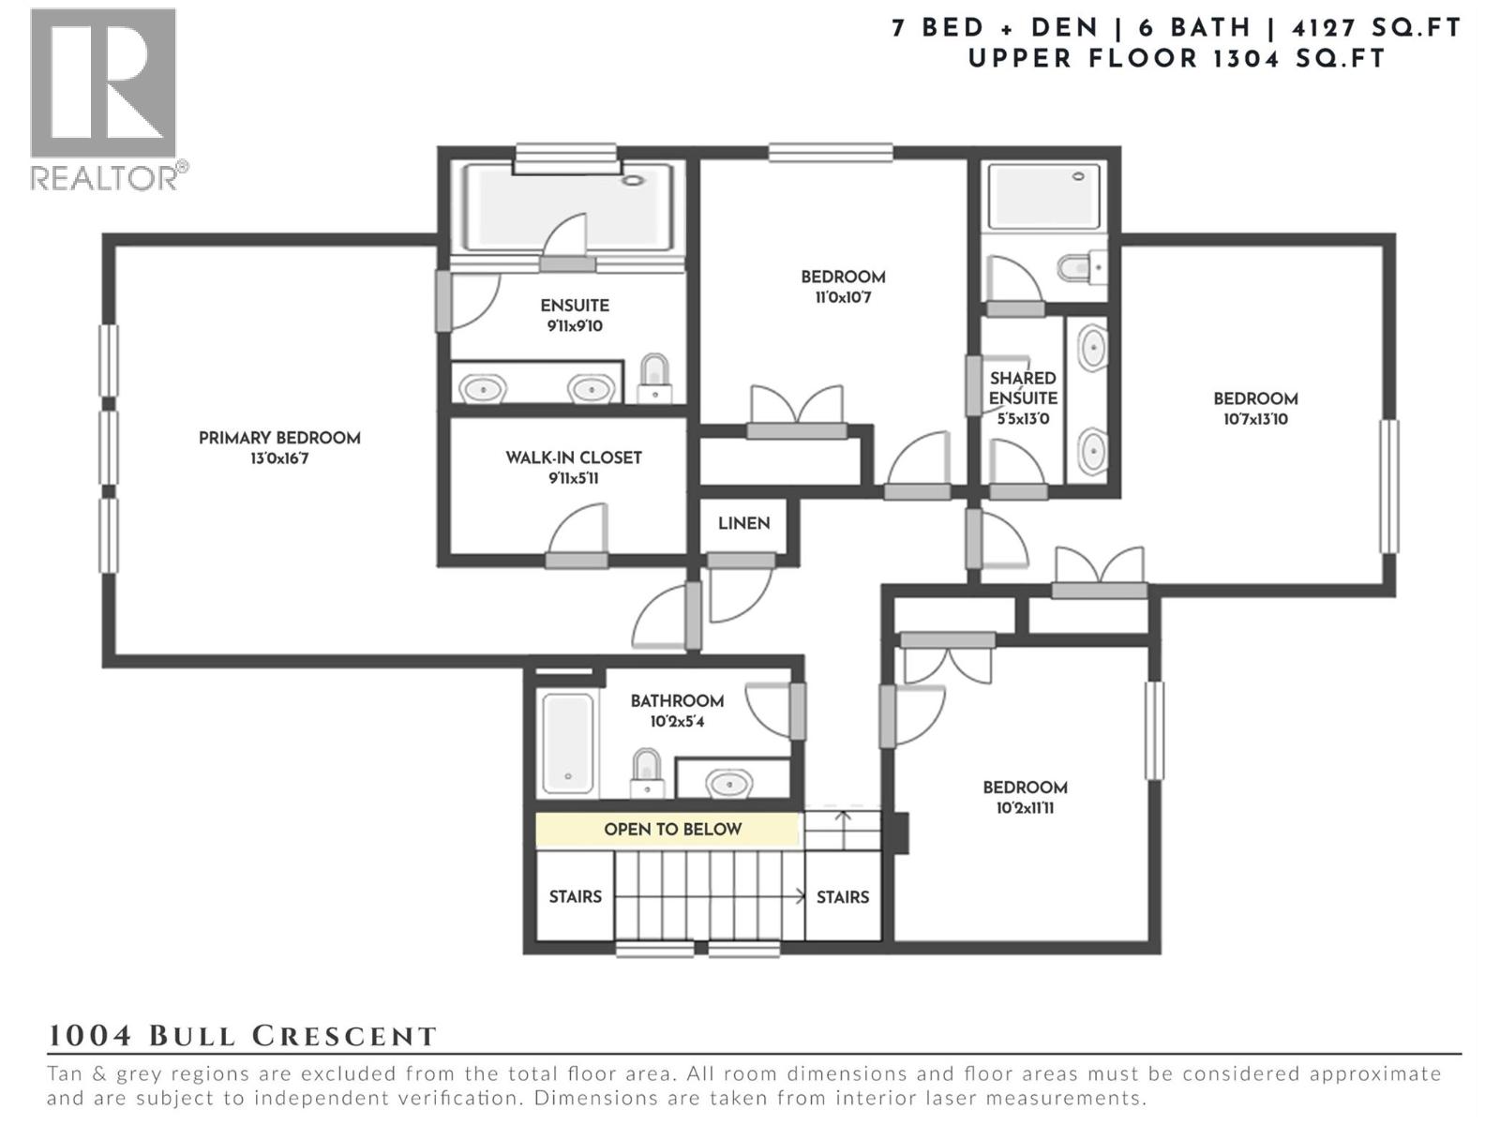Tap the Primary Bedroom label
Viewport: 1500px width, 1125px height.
(x=279, y=438)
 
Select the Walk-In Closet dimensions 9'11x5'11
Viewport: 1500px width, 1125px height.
(x=573, y=478)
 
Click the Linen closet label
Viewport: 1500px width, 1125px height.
(x=744, y=523)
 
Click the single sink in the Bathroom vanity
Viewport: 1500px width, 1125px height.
(x=728, y=782)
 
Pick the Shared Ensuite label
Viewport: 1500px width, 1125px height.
(x=1023, y=388)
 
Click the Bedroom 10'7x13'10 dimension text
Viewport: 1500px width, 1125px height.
(x=1255, y=419)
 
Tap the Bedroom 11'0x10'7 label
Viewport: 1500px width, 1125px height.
(x=843, y=277)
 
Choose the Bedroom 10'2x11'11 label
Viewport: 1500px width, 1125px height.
(x=1025, y=787)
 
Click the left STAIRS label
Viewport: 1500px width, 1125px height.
(x=575, y=897)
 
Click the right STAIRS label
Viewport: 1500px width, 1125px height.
(x=842, y=897)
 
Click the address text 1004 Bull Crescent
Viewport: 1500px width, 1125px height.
(x=242, y=1036)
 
